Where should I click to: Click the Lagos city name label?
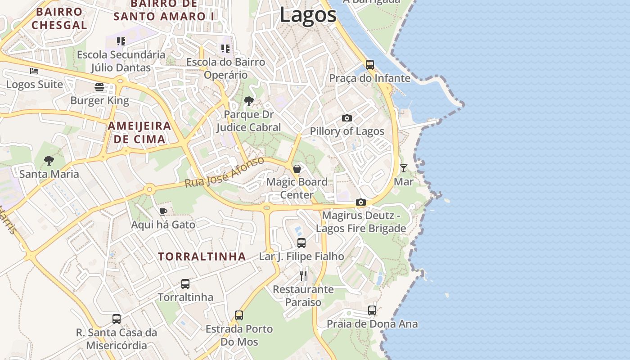click(308, 14)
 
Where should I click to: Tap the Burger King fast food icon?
click(99, 87)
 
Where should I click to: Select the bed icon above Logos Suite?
click(34, 71)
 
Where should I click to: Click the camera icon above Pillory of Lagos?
click(346, 118)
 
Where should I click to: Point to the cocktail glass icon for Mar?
click(403, 168)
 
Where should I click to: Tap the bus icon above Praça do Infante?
click(369, 64)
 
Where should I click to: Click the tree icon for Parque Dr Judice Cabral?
click(248, 101)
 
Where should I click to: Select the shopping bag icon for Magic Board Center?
click(297, 169)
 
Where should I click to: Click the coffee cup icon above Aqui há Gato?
click(163, 211)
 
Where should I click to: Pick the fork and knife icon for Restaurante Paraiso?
click(303, 275)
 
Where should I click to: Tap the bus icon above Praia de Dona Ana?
click(372, 310)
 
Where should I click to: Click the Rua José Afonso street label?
click(224, 173)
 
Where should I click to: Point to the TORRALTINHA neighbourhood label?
click(202, 256)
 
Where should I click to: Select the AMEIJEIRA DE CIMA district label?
click(139, 132)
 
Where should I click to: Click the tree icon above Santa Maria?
click(49, 161)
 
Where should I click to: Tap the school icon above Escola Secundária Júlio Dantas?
click(121, 41)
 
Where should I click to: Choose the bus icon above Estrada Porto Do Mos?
click(239, 315)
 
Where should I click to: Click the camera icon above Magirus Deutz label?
click(360, 202)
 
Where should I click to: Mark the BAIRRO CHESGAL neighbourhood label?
click(59, 18)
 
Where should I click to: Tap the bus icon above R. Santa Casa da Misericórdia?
click(117, 319)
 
